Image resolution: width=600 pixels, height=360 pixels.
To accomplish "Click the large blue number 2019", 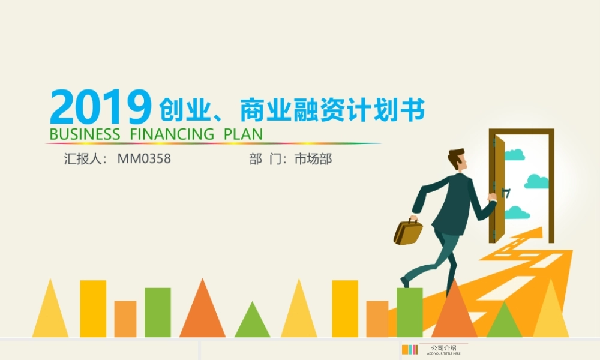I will point(100,108).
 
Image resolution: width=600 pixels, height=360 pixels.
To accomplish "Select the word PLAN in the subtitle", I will point(243,134).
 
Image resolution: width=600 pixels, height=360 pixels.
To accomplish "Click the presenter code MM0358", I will point(144,160).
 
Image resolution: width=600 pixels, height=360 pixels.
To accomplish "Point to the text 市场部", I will point(313,160).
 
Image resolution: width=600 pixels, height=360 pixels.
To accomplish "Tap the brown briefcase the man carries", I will point(408,232).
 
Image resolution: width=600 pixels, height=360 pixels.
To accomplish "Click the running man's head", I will point(458,161).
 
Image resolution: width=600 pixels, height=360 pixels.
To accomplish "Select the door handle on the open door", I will point(506,193).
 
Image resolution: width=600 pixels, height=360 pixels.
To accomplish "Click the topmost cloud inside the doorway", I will point(514,155).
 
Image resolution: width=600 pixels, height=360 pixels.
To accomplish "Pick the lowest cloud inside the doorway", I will point(517,212).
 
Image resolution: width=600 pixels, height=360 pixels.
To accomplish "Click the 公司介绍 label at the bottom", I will point(443,348).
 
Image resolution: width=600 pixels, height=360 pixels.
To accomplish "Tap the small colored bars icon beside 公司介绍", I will point(410,350).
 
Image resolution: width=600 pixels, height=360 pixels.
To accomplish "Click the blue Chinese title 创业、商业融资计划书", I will point(292,111).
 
